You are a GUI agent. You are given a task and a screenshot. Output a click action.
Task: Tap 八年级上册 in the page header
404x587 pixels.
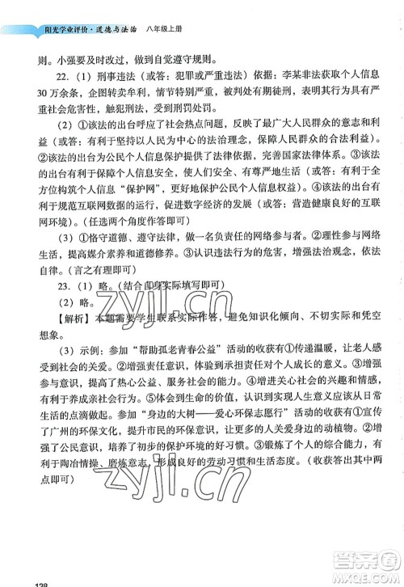coord(166,32)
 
